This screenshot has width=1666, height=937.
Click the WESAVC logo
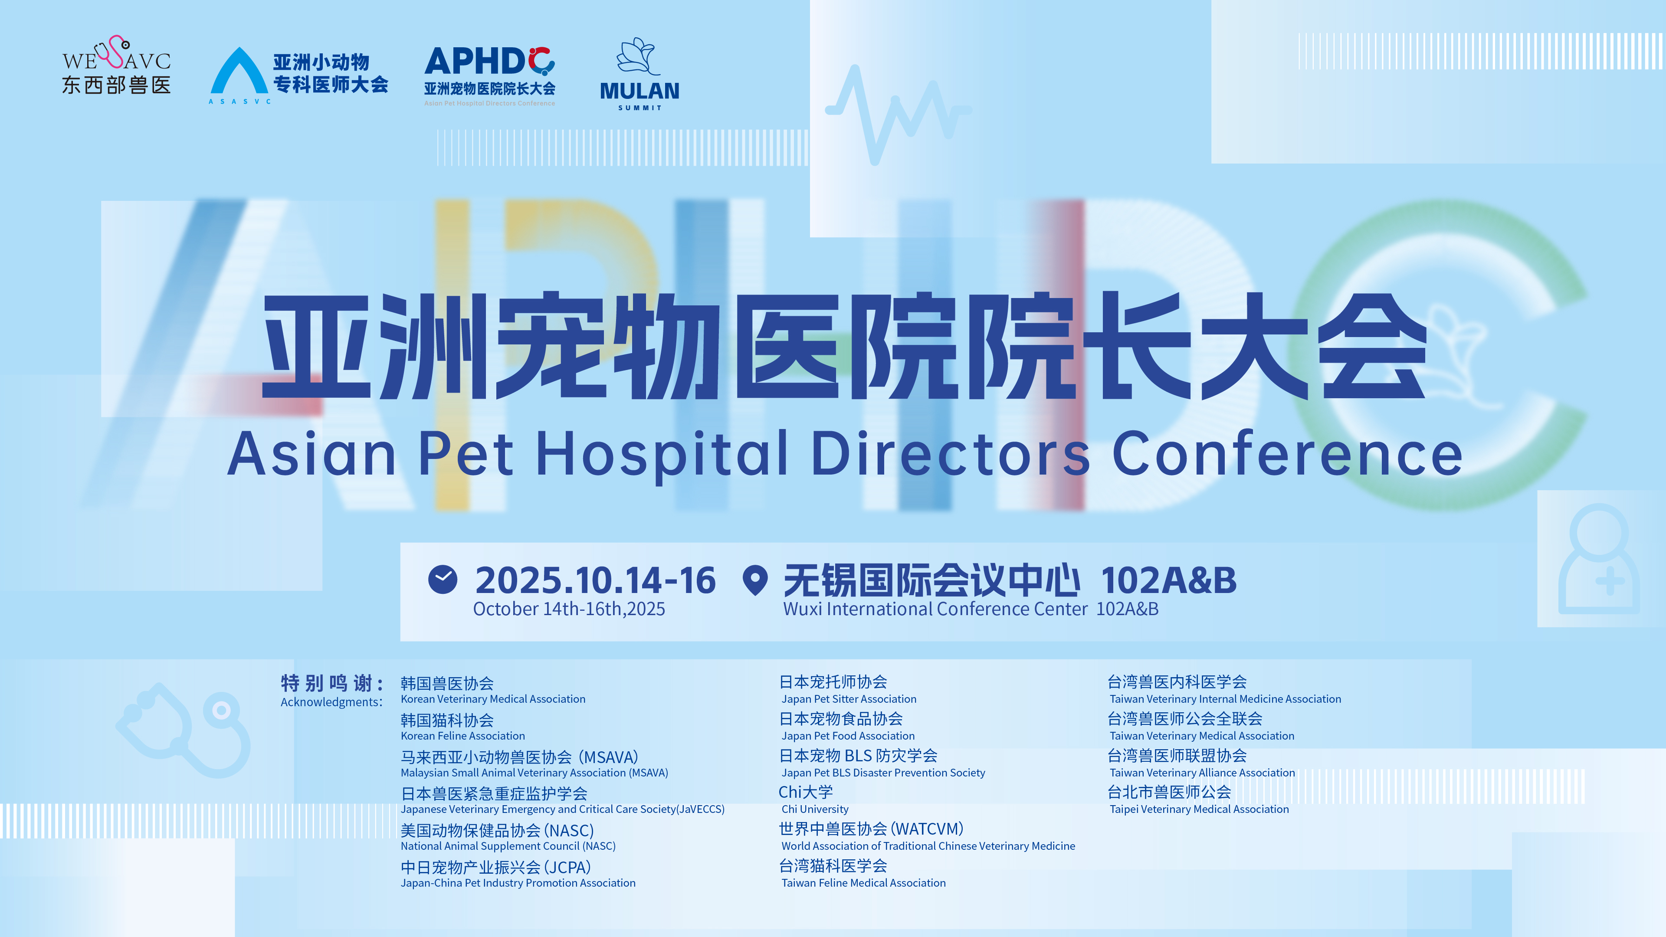[x=116, y=65]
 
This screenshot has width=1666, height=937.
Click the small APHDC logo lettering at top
[x=489, y=62]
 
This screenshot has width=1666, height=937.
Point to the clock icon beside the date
[x=443, y=580]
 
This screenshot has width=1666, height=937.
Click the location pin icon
[x=755, y=580]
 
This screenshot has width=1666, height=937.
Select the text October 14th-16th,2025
[x=569, y=609]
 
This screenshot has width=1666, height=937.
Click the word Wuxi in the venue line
[x=803, y=609]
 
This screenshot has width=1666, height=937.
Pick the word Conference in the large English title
[x=1287, y=453]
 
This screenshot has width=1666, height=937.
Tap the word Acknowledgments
[x=331, y=702]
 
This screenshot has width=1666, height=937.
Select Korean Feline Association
[x=463, y=736]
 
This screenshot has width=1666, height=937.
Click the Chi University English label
[x=815, y=809]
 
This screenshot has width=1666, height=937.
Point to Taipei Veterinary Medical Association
[x=1199, y=809]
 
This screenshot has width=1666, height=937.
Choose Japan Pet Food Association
[x=848, y=736]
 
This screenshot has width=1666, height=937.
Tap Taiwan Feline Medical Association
[x=863, y=883]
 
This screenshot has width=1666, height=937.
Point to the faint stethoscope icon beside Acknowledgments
[x=184, y=729]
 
